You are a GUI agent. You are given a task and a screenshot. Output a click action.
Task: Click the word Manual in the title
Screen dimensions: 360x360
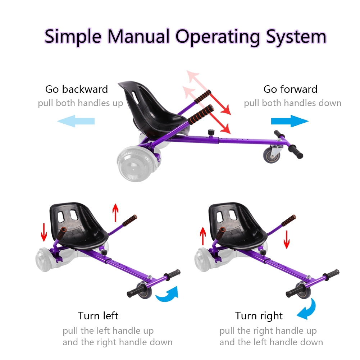(x=138, y=36)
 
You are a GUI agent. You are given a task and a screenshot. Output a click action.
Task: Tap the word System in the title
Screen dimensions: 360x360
(x=296, y=37)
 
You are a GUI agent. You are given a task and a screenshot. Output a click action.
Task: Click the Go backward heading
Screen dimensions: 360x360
(x=77, y=89)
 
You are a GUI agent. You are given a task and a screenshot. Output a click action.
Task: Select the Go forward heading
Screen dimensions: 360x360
(x=291, y=89)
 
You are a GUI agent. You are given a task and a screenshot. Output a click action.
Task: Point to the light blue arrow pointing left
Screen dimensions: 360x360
(x=76, y=121)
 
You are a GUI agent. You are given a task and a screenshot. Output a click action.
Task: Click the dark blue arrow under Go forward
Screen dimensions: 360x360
(x=290, y=121)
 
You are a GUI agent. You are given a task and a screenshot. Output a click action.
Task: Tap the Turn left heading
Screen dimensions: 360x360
(x=98, y=316)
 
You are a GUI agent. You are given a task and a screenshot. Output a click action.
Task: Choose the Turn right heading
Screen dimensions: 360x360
(x=259, y=316)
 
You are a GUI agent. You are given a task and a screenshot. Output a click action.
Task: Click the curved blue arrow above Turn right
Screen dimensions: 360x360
(x=309, y=310)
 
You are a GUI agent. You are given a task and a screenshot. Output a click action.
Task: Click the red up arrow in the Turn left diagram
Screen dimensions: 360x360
(x=115, y=213)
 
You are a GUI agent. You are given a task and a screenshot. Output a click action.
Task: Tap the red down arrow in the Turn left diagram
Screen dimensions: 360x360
(x=44, y=232)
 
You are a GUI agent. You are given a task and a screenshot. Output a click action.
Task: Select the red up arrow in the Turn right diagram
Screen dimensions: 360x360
(x=203, y=236)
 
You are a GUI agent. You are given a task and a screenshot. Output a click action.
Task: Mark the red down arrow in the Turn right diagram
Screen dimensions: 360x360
(x=287, y=240)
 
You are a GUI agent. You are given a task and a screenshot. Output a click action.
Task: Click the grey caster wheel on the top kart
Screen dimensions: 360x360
(x=272, y=155)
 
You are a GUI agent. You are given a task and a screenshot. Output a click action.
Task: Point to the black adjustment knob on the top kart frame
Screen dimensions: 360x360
(x=211, y=133)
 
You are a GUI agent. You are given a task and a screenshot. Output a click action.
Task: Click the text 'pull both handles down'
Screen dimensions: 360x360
(x=292, y=103)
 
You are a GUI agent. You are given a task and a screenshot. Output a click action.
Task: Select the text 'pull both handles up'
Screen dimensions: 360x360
(x=80, y=103)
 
